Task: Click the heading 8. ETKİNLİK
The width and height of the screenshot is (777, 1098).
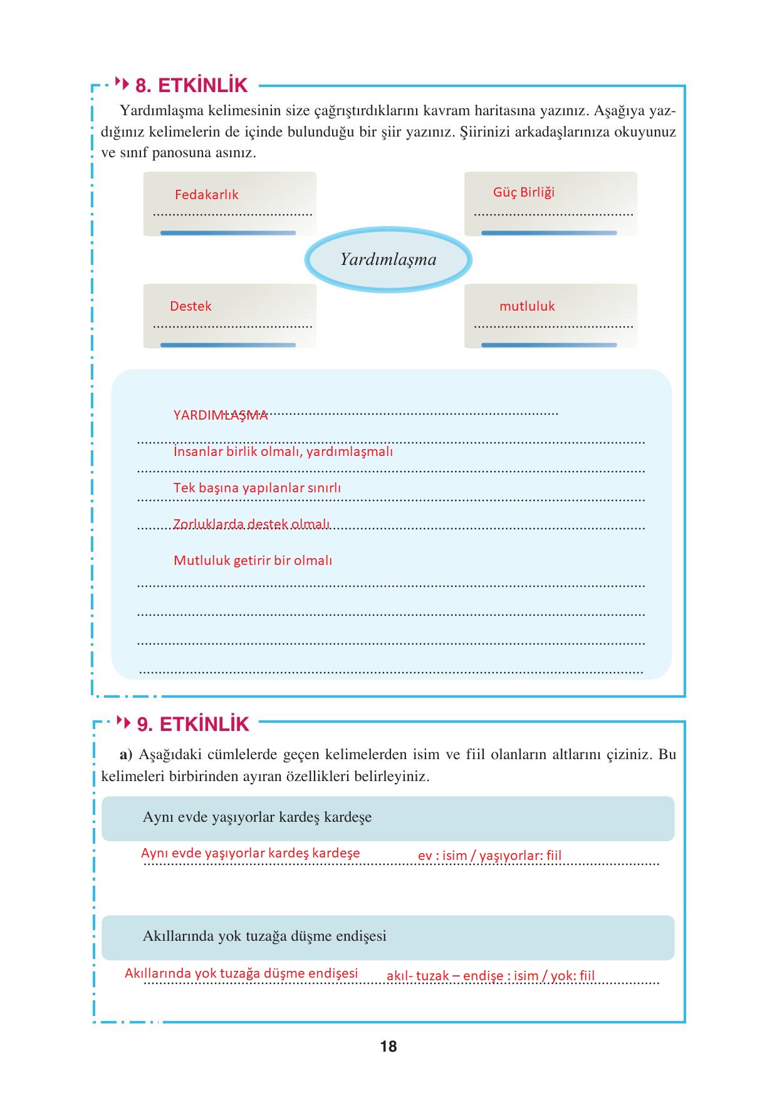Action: [x=191, y=85]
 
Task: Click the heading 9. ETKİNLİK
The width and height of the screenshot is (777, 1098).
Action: [x=193, y=724]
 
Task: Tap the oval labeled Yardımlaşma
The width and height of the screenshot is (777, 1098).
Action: [x=388, y=259]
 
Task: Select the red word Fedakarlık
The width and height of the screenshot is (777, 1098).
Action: [x=206, y=195]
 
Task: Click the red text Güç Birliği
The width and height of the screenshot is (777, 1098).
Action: [x=523, y=192]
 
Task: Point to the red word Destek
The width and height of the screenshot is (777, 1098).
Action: [x=190, y=306]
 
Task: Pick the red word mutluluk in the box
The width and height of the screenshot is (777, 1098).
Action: [x=527, y=306]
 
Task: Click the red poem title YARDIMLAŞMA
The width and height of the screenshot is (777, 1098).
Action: [x=221, y=415]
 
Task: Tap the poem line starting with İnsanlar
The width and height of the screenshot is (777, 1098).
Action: [x=283, y=452]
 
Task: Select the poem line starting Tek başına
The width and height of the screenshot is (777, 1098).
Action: [x=257, y=488]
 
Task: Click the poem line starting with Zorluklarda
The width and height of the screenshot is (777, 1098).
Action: [x=251, y=524]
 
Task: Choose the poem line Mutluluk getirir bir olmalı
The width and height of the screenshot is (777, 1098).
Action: [x=253, y=561]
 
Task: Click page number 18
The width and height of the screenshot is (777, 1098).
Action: [x=388, y=1047]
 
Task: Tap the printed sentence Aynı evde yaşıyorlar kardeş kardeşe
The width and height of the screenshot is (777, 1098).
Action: [x=257, y=817]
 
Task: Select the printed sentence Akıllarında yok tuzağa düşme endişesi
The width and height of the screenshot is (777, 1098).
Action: [x=264, y=936]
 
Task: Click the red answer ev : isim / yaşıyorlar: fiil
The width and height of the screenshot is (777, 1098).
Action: [x=489, y=856]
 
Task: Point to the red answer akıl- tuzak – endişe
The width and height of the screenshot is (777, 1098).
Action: [x=490, y=976]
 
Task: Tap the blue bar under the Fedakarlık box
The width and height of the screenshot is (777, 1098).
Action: [x=227, y=233]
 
